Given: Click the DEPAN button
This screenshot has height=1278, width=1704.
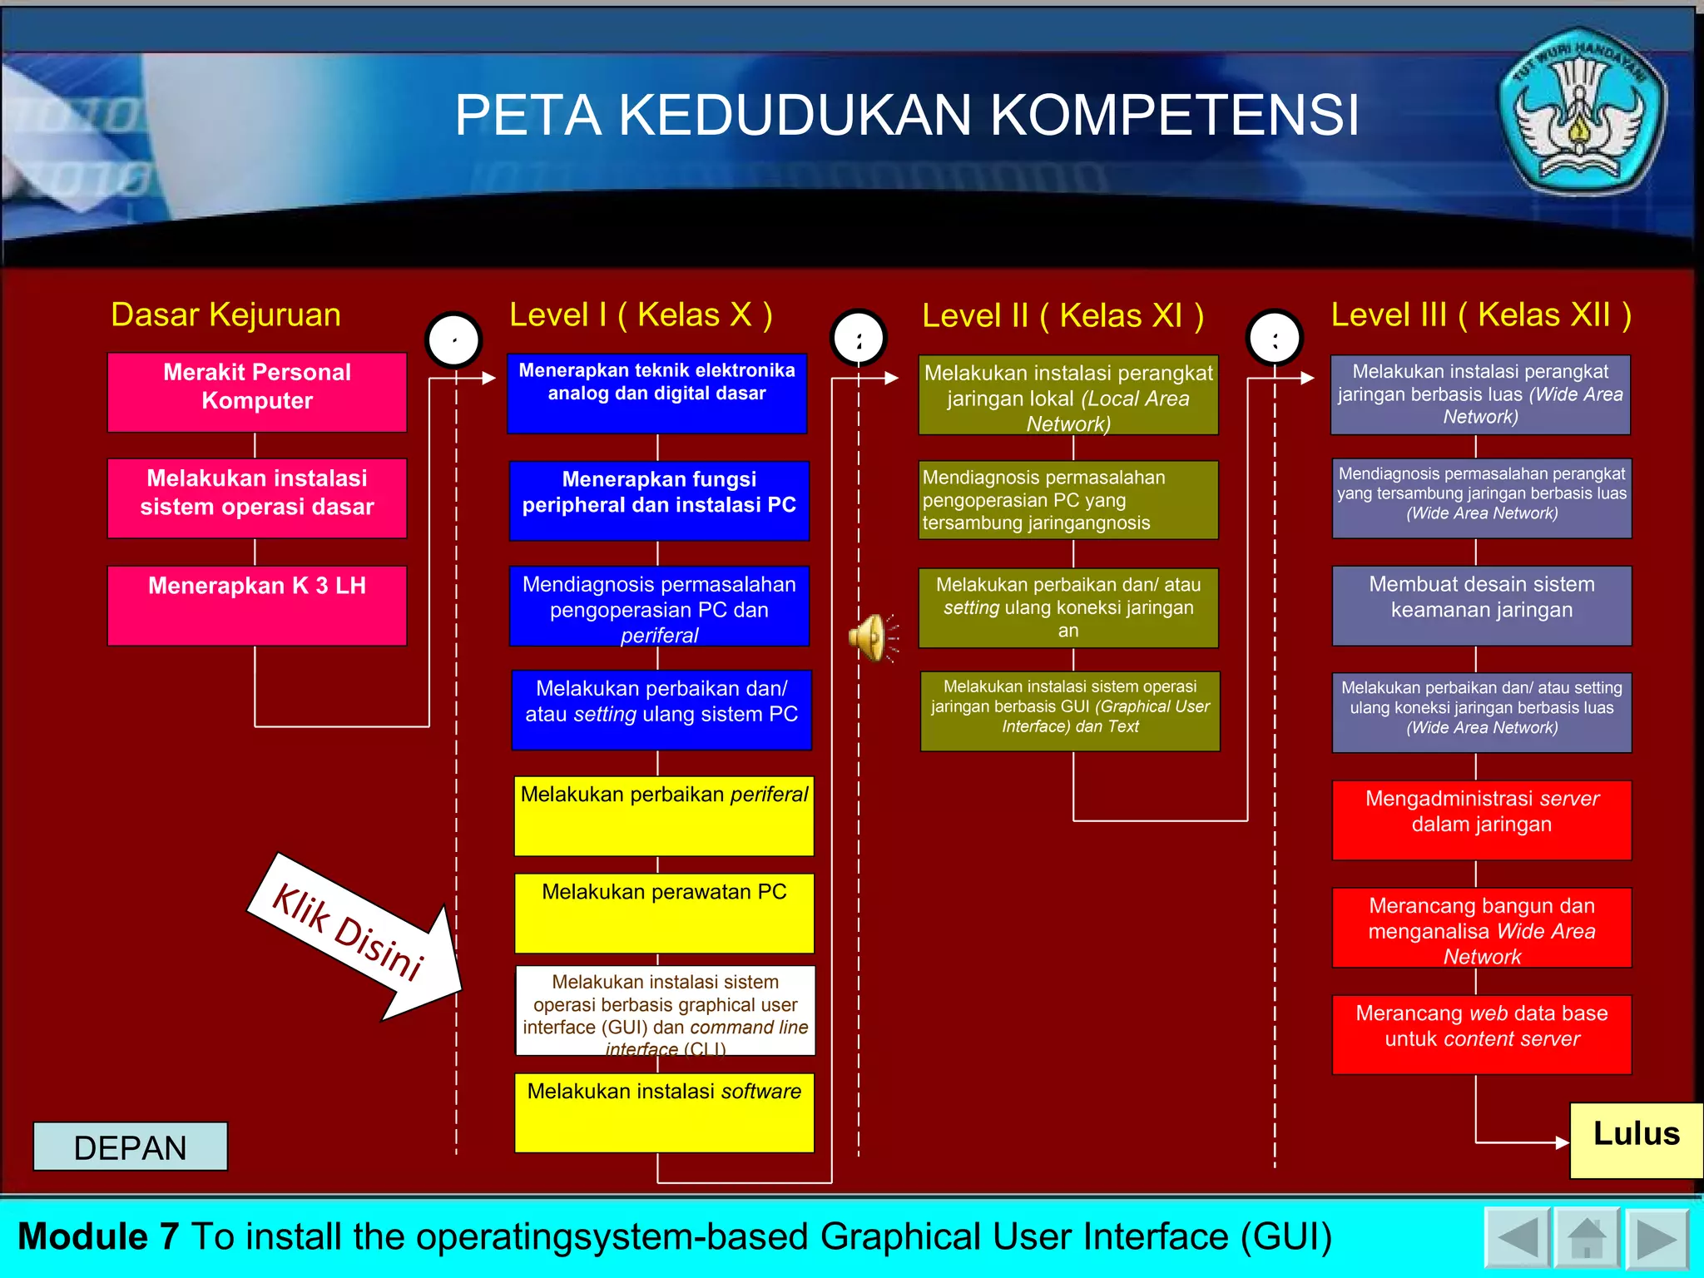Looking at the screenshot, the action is tap(130, 1147).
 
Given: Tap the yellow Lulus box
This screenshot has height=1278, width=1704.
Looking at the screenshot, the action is tap(1635, 1140).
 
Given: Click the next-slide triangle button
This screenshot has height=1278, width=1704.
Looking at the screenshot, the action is tap(1656, 1239).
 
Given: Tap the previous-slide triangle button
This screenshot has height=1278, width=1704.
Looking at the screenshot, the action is tap(1516, 1239).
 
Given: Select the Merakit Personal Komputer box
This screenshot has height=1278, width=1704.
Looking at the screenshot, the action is tap(257, 392).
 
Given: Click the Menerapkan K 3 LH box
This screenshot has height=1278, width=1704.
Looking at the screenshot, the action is tap(257, 605).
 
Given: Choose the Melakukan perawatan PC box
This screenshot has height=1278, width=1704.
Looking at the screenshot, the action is tap(664, 913).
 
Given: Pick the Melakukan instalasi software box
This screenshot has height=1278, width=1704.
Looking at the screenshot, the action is tap(664, 1112).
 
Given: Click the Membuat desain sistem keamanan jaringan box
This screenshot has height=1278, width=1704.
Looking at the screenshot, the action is tap(1481, 605).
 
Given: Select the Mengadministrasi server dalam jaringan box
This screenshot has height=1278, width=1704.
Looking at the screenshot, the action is tap(1481, 820).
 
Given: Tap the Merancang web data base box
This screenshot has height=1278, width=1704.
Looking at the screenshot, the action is tap(1481, 1034).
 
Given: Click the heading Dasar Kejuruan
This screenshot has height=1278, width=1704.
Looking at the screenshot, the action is tap(225, 315).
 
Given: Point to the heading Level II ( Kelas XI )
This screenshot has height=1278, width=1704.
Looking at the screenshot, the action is tap(1063, 315).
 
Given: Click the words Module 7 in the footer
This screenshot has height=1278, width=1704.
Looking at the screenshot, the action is tap(98, 1236).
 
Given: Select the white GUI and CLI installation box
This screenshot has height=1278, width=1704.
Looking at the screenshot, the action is tap(665, 1010).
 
